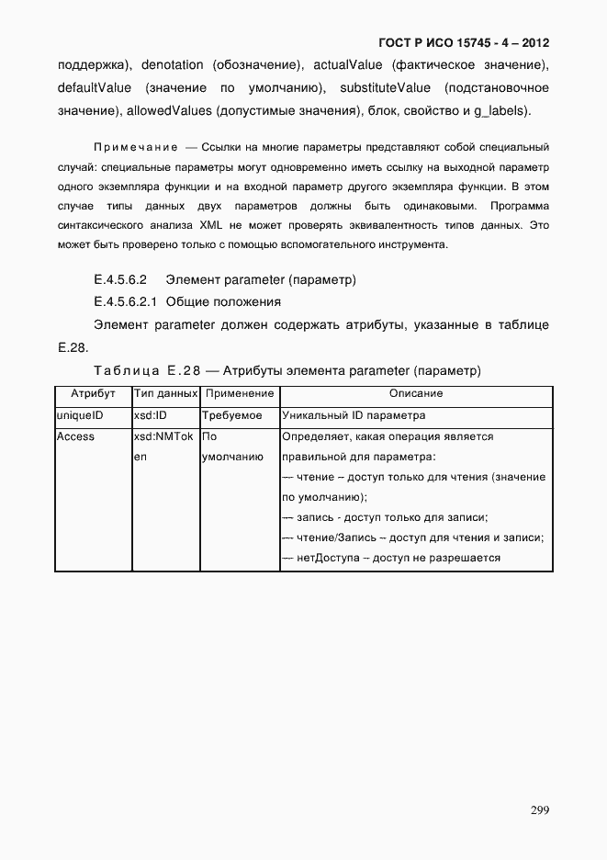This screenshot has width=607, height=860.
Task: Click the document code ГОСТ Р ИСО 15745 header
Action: (463, 43)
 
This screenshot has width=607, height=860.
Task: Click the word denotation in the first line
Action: (171, 65)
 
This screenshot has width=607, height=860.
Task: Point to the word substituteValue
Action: (384, 88)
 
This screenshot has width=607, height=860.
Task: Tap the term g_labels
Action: (500, 111)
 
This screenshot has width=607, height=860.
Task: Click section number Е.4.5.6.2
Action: (121, 278)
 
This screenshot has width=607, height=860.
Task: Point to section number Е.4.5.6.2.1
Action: (126, 301)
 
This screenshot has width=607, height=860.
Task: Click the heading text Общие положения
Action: (223, 301)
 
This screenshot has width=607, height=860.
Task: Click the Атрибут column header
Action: (93, 393)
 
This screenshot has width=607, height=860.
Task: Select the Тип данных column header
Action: (165, 393)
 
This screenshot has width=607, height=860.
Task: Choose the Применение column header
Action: (239, 393)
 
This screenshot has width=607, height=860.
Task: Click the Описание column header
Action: (416, 393)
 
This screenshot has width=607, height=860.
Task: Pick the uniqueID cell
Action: (80, 415)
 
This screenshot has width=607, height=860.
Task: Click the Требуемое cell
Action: (231, 415)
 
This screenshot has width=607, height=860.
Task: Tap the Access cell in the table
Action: (75, 436)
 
